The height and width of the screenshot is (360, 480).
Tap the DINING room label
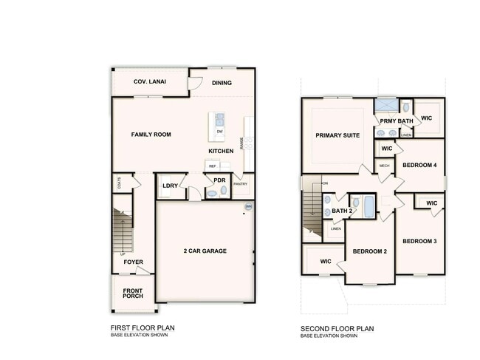(222, 83)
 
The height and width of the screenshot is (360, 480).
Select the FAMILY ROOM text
(151, 135)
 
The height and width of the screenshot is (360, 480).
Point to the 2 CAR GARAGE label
(205, 251)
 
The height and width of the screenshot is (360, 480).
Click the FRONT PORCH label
(133, 293)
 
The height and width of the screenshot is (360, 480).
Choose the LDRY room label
(169, 185)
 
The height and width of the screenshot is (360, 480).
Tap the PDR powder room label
(219, 180)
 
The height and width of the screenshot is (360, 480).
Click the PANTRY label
(240, 184)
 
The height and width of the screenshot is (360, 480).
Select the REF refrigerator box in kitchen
(212, 166)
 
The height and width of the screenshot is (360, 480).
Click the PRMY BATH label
(397, 120)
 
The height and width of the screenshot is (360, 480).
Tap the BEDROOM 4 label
(422, 165)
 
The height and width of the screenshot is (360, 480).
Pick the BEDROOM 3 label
(419, 241)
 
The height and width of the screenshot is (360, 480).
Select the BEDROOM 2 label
(369, 251)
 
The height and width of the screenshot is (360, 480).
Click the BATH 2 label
(342, 211)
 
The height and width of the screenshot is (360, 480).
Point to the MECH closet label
(384, 166)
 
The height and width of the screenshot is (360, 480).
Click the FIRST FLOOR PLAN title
(142, 327)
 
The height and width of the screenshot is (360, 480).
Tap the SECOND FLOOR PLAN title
(337, 329)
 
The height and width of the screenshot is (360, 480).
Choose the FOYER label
(133, 262)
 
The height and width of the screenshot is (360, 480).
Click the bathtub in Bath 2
(364, 204)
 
